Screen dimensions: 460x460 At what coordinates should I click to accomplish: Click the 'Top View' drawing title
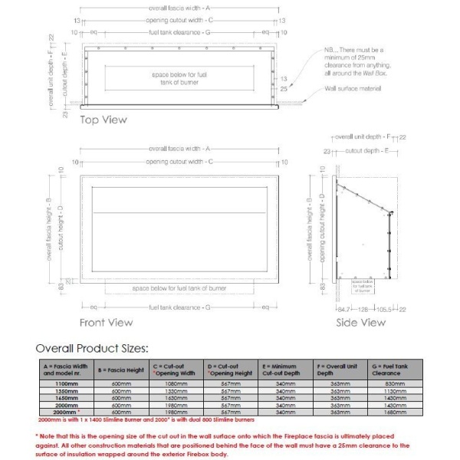(103, 120)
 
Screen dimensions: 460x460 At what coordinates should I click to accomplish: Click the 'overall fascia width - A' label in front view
(181, 148)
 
